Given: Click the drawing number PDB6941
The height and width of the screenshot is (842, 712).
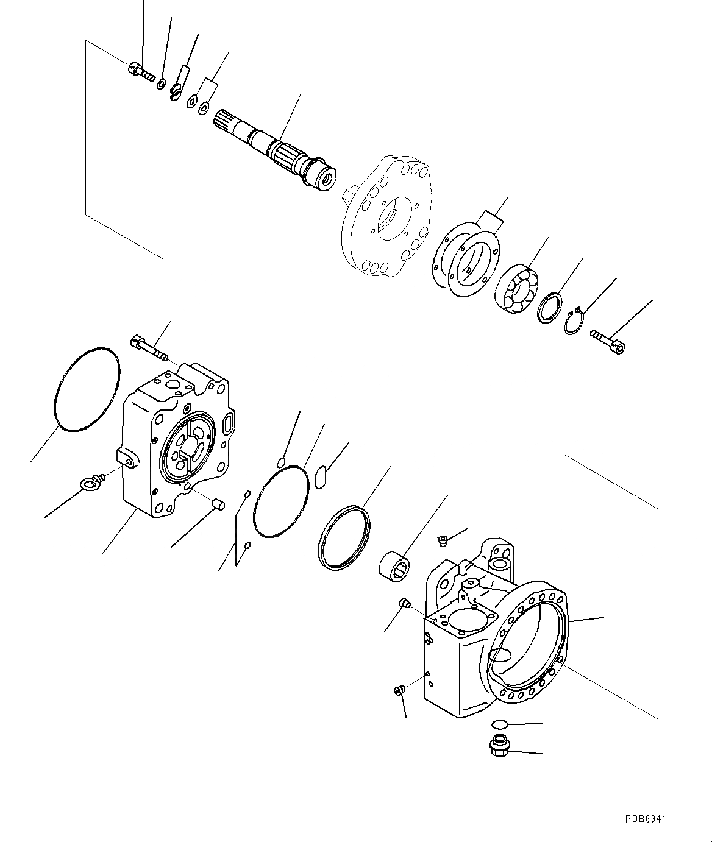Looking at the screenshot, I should point(644,819).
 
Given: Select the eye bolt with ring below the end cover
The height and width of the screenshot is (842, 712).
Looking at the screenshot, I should point(90,483).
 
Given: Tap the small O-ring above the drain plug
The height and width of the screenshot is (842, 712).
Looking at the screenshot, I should point(499,724).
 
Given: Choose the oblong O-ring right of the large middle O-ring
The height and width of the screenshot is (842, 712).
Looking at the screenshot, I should point(322,476).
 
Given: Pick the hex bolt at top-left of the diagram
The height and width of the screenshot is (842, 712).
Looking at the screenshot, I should point(141,72).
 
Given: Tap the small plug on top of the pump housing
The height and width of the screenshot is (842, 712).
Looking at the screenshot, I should point(444,539).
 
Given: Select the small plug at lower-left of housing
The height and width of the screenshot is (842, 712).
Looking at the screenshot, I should point(399,690).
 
